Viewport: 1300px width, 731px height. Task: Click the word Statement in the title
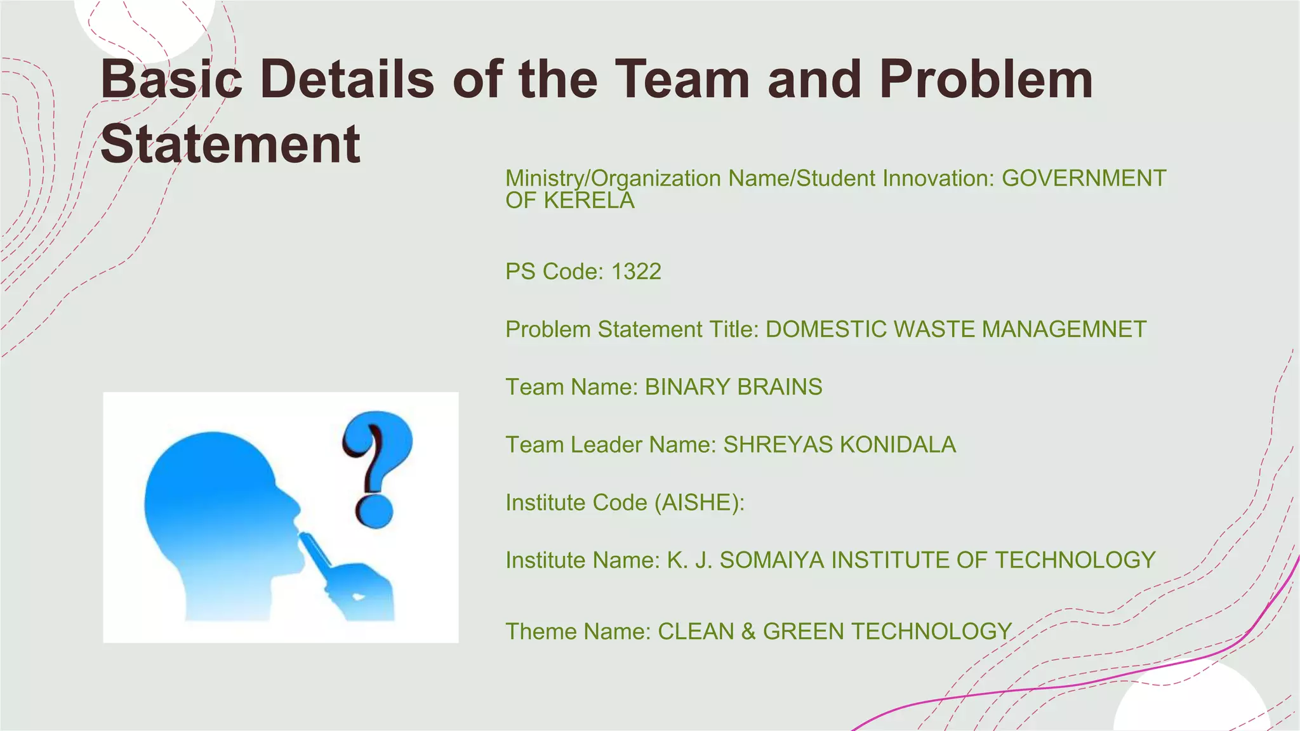click(x=230, y=144)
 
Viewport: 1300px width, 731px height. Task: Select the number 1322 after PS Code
click(x=636, y=272)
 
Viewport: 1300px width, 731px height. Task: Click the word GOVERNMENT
click(x=1084, y=178)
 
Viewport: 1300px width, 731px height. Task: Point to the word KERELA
click(x=589, y=201)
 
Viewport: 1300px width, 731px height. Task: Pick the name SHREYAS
click(x=778, y=445)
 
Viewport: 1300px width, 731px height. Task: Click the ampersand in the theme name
click(x=748, y=632)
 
